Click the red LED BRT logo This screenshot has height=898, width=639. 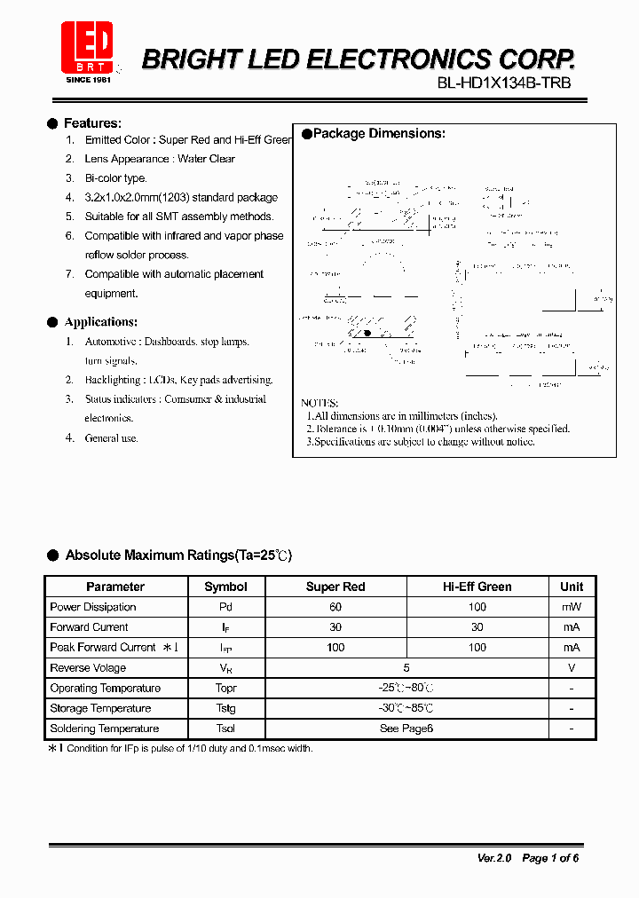[x=87, y=49]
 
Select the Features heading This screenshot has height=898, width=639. [x=92, y=123]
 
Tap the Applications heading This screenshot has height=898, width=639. [x=100, y=322]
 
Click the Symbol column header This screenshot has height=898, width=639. [x=225, y=587]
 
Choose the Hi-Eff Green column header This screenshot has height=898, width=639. [x=477, y=587]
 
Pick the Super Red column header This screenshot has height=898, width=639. [x=335, y=587]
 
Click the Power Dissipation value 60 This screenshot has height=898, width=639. [x=335, y=607]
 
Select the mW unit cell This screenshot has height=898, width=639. [x=572, y=607]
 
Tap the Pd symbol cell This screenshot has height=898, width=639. [x=225, y=607]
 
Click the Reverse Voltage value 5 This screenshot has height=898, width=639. [x=406, y=668]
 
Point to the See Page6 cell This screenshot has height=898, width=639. [x=406, y=729]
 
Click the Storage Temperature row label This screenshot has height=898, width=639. [x=100, y=708]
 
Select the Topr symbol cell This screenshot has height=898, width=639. [x=225, y=689]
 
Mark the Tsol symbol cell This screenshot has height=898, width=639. [x=225, y=729]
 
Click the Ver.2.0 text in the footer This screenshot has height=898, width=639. [x=494, y=858]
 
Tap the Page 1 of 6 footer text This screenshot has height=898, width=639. [x=550, y=858]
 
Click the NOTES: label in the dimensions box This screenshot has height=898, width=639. [x=319, y=403]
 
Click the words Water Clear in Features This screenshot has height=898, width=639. [x=206, y=159]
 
